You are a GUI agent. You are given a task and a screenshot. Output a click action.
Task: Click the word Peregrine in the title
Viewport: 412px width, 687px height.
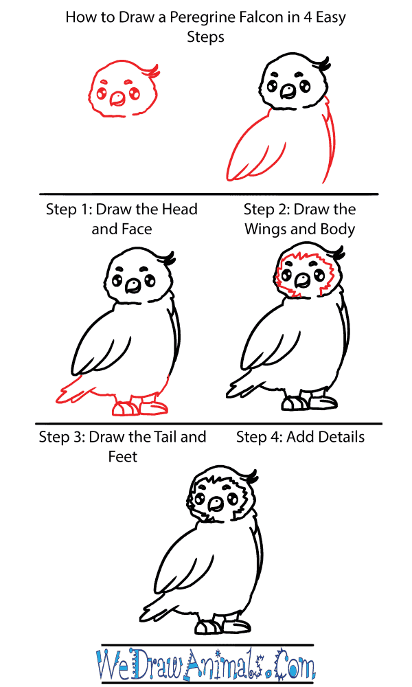[198, 18]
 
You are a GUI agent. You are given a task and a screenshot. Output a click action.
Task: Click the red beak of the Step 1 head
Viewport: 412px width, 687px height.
[117, 99]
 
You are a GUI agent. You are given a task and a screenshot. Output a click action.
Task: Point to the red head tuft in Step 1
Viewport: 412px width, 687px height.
[153, 71]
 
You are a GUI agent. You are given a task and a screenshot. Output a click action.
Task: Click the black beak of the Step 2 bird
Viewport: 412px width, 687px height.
[288, 90]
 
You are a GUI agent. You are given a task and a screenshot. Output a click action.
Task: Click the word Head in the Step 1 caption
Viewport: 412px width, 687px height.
[179, 209]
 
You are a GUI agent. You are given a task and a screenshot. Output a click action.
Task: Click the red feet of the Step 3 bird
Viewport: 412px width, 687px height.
[140, 407]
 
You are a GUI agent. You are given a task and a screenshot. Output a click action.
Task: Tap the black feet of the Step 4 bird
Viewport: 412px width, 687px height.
[309, 401]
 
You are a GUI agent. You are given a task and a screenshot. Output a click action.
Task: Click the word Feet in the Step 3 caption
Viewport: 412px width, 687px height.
[123, 457]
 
